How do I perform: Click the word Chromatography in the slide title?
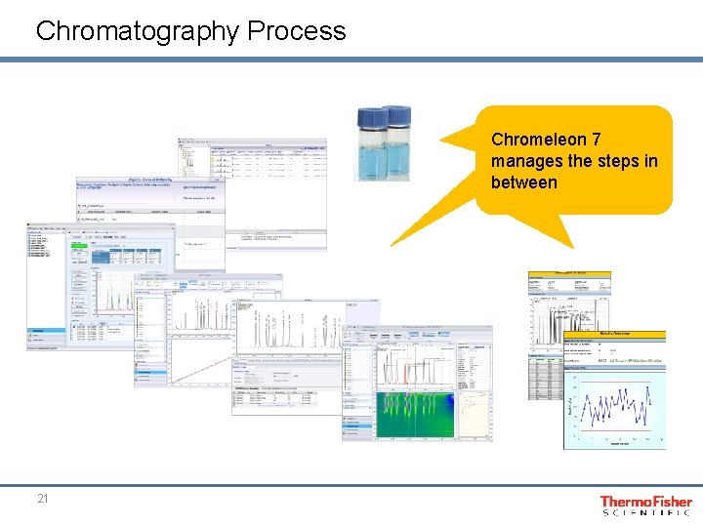138,30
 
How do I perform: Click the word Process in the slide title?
297,30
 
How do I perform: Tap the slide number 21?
42,499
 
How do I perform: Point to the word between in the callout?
524,182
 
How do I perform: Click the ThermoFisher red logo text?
645,501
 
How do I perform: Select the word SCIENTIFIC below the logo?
645,512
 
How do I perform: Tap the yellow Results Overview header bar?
614,333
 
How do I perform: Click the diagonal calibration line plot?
200,360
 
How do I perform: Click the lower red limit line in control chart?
615,430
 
